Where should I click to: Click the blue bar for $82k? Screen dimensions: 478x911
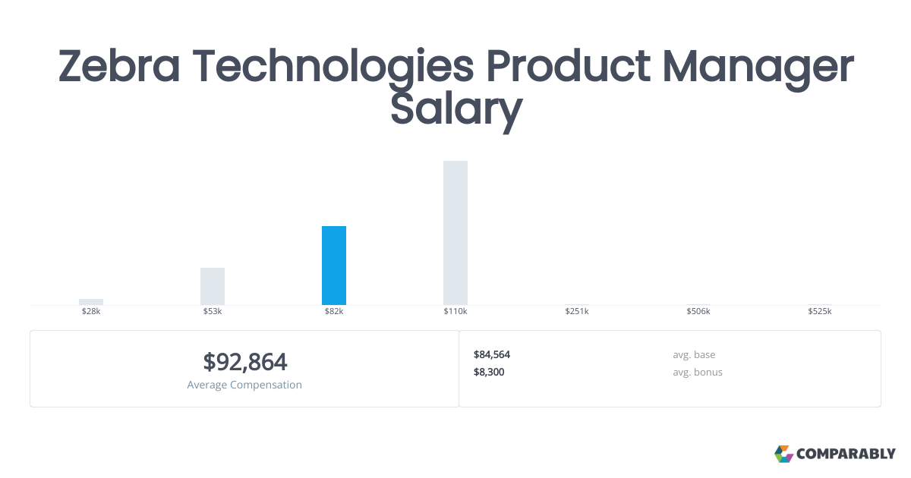pos(334,266)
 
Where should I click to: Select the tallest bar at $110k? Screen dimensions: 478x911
pos(455,233)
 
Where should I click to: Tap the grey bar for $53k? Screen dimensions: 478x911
pos(213,286)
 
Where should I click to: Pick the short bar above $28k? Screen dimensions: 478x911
pos(91,301)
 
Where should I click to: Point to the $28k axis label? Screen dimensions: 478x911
pos(91,312)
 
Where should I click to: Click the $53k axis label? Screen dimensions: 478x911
pos(213,312)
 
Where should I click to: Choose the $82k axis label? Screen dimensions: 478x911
pos(334,312)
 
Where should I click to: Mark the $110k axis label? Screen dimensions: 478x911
pos(455,312)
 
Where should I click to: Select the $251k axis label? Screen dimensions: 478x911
pos(577,312)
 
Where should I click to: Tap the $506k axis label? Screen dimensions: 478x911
pos(698,312)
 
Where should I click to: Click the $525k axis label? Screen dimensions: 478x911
pos(820,312)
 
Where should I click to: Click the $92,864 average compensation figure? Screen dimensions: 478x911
pos(244,361)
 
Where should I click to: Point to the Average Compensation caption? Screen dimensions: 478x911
pos(244,385)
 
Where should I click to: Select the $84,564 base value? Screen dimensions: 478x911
pos(492,354)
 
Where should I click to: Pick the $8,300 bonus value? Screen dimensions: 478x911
pos(489,372)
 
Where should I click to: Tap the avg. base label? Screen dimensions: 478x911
pos(694,354)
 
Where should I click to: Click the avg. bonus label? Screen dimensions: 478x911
pos(697,372)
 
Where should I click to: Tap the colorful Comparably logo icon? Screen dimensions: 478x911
pos(783,454)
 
